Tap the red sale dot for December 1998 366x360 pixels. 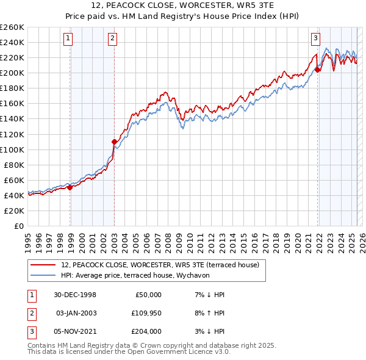click(70, 187)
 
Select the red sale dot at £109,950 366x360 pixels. click(114, 142)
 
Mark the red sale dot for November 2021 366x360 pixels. click(318, 70)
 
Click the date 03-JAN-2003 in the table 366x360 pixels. click(76, 312)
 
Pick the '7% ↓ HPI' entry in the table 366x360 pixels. click(210, 294)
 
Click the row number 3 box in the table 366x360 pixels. click(31, 331)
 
